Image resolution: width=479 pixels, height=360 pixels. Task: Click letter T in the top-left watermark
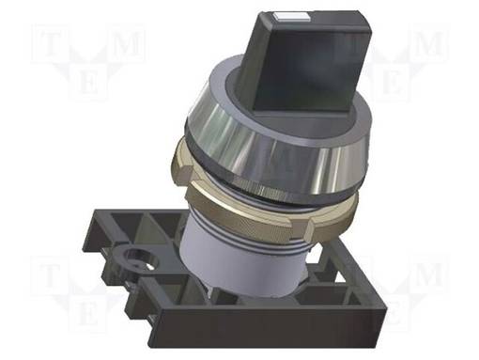[x=46, y=43]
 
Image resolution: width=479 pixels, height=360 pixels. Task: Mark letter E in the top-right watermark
[x=392, y=83]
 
